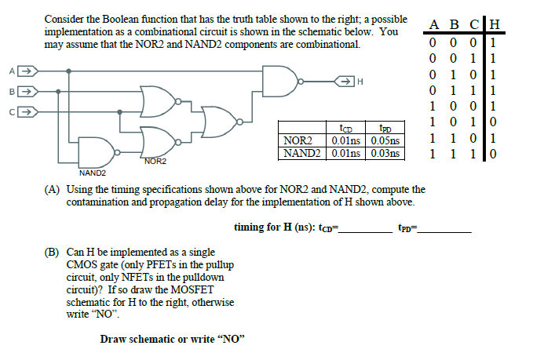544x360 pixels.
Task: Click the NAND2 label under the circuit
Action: (x=93, y=172)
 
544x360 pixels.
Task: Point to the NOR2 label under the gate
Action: (x=155, y=161)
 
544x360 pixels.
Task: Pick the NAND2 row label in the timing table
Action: (x=301, y=153)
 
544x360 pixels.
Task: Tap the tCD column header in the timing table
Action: (x=345, y=129)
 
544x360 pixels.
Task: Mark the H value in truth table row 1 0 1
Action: (x=492, y=122)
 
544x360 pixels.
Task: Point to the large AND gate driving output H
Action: (x=280, y=80)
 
